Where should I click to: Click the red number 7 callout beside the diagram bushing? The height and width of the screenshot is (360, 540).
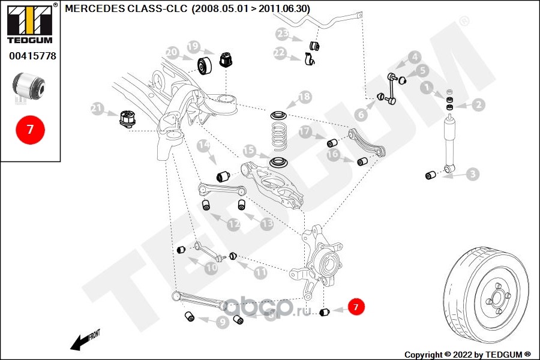coord(356,307)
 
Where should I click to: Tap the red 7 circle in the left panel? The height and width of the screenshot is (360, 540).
coord(30,130)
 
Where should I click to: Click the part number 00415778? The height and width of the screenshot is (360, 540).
coord(32,56)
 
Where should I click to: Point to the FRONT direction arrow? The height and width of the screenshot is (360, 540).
coord(85,340)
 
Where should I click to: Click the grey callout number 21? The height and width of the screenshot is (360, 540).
coord(97,109)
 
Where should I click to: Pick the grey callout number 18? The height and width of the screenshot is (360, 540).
coord(305,97)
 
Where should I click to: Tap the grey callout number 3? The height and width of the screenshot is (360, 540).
coord(473,174)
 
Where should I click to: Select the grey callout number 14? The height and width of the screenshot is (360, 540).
coord(203,145)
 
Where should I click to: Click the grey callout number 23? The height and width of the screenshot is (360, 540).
coord(283,34)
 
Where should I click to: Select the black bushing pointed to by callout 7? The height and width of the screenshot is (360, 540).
coord(325,312)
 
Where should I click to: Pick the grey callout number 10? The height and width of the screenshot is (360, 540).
coord(211,268)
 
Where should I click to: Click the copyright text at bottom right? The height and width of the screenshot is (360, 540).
coord(467,355)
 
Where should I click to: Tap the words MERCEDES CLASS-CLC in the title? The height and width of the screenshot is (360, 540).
coord(126,8)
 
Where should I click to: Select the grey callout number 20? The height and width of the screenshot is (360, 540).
coord(172,52)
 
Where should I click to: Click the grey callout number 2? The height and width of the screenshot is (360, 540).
coord(478,104)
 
